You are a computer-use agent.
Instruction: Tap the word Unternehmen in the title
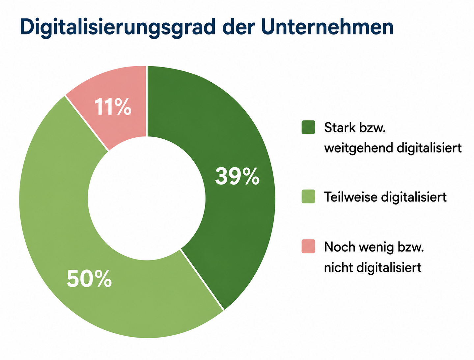tap(327, 27)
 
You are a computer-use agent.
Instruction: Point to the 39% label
tap(237, 176)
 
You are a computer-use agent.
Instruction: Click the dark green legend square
tap(308, 127)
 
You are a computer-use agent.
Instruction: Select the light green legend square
tap(308, 196)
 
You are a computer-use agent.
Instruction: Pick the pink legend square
tap(308, 246)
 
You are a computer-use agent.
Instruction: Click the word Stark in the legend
tap(340, 127)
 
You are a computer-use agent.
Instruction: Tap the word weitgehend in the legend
tap(357, 149)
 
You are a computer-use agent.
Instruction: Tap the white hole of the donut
tap(147, 199)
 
